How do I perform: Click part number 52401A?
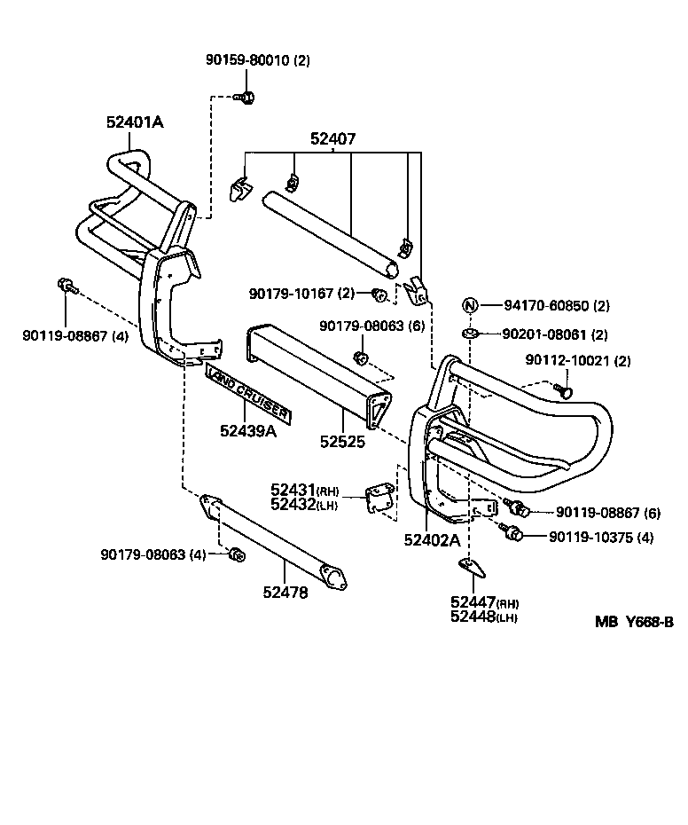(x=135, y=122)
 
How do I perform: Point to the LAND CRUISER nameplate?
(x=247, y=388)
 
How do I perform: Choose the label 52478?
(x=285, y=592)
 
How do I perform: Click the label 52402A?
(x=432, y=539)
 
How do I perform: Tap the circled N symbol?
(x=470, y=305)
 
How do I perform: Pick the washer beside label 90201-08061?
(x=470, y=334)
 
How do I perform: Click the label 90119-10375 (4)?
(x=601, y=536)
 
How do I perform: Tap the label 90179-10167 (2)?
(x=301, y=292)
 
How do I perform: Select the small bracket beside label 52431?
(x=379, y=496)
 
